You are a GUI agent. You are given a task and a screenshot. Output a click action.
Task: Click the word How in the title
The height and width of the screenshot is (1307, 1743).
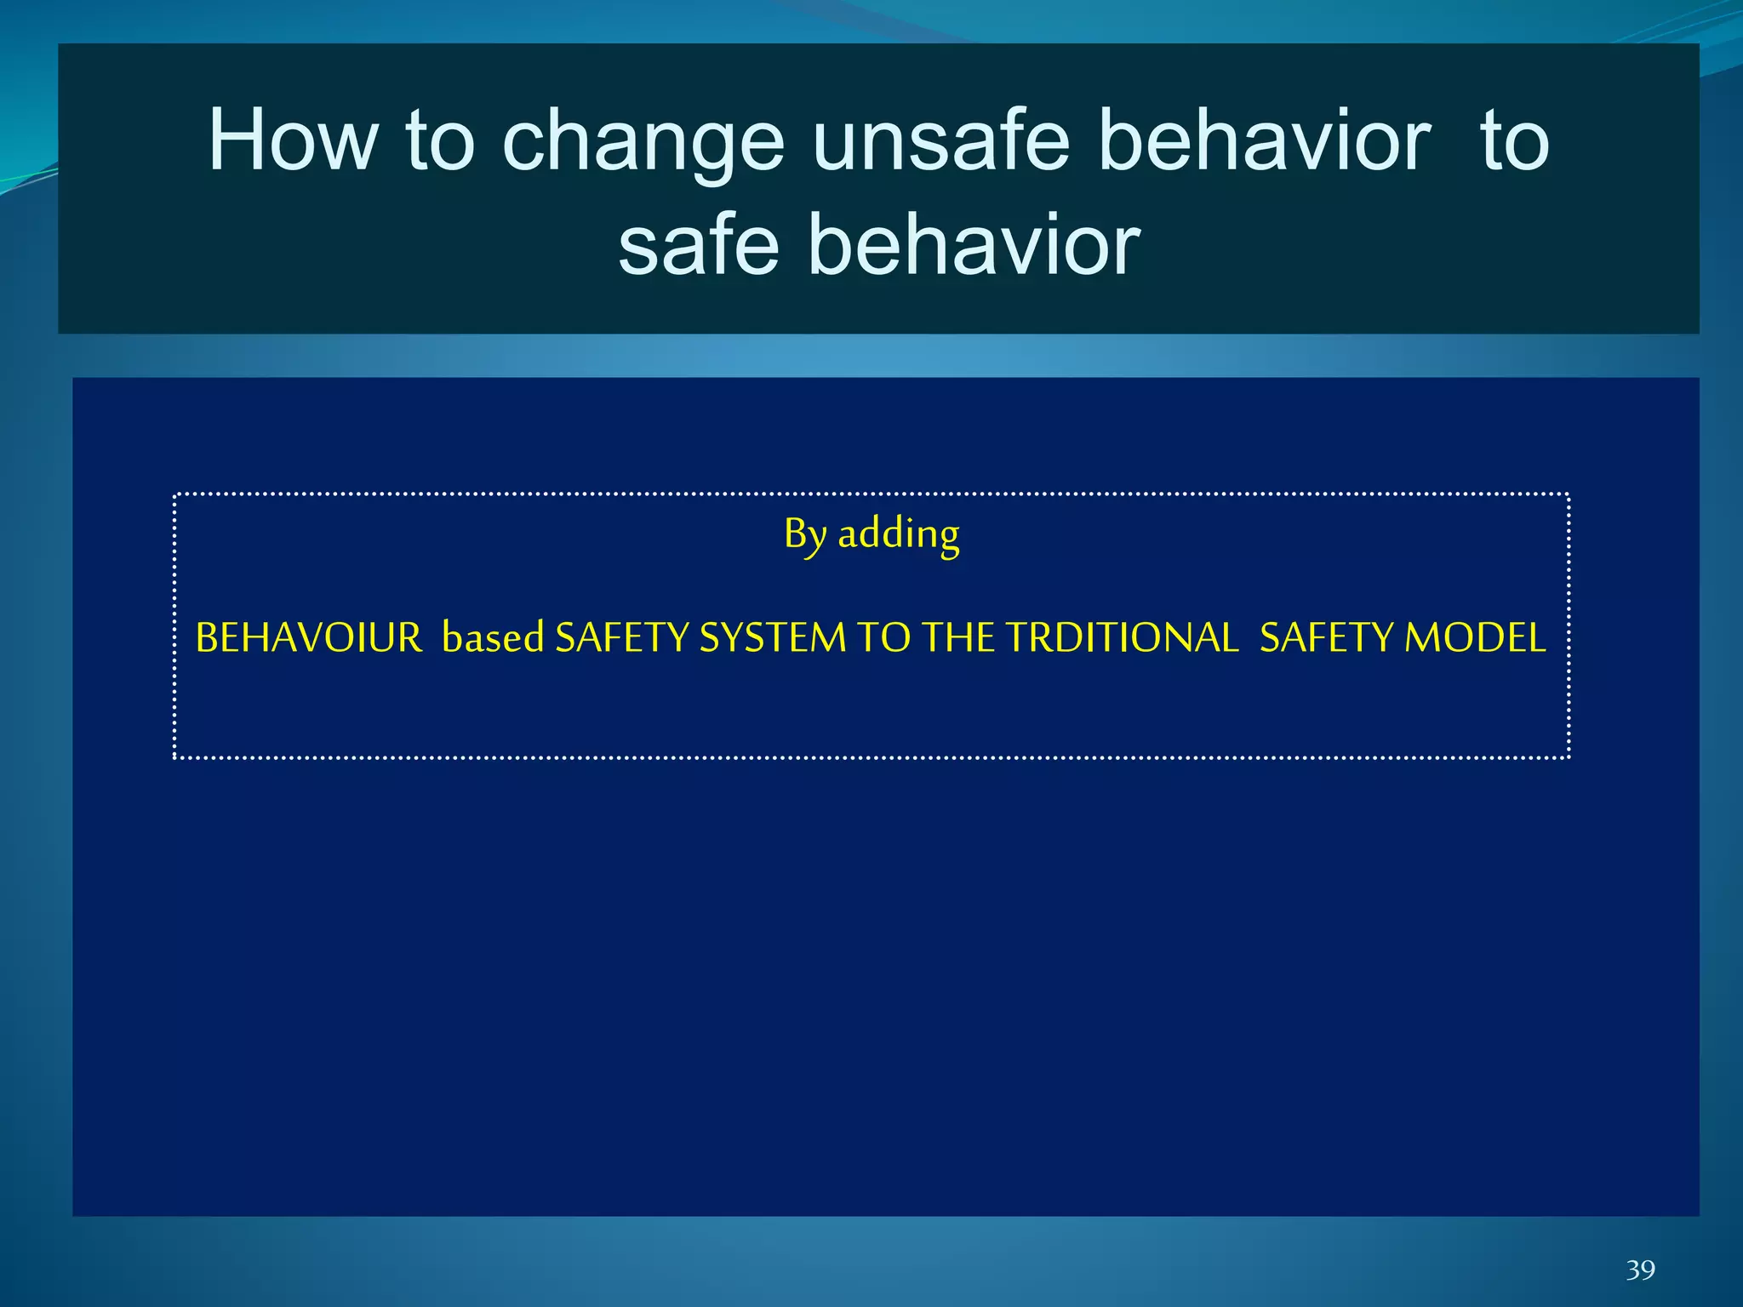coord(293,140)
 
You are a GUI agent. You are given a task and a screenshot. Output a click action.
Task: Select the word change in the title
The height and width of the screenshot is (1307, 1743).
coord(643,140)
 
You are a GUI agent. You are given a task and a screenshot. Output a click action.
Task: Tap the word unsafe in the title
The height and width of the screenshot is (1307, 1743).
coord(940,140)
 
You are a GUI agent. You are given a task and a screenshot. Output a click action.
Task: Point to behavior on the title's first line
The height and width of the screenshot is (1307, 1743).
coord(1265,140)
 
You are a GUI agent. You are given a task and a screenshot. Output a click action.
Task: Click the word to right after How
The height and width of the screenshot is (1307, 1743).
coord(440,140)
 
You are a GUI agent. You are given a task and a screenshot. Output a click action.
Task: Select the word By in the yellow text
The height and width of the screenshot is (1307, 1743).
coord(805,535)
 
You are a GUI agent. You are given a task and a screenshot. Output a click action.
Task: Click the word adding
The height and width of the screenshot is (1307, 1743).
coord(899,535)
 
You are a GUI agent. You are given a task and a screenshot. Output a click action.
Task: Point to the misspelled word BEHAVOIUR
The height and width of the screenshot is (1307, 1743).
coord(308,638)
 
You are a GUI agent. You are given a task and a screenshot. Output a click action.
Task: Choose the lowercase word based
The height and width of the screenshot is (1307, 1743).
coord(493,638)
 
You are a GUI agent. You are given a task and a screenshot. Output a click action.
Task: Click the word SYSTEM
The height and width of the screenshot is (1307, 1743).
coord(772,638)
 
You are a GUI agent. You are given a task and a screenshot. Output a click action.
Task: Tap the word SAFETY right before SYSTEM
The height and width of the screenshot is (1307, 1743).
coord(621,638)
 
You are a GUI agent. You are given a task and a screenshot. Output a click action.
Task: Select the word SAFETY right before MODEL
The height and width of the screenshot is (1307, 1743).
coord(1326,638)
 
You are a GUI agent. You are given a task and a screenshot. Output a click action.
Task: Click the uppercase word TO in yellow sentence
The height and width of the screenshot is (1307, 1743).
coord(883,638)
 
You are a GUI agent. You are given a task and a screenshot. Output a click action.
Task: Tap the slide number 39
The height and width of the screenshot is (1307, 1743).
coord(1640,1270)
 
